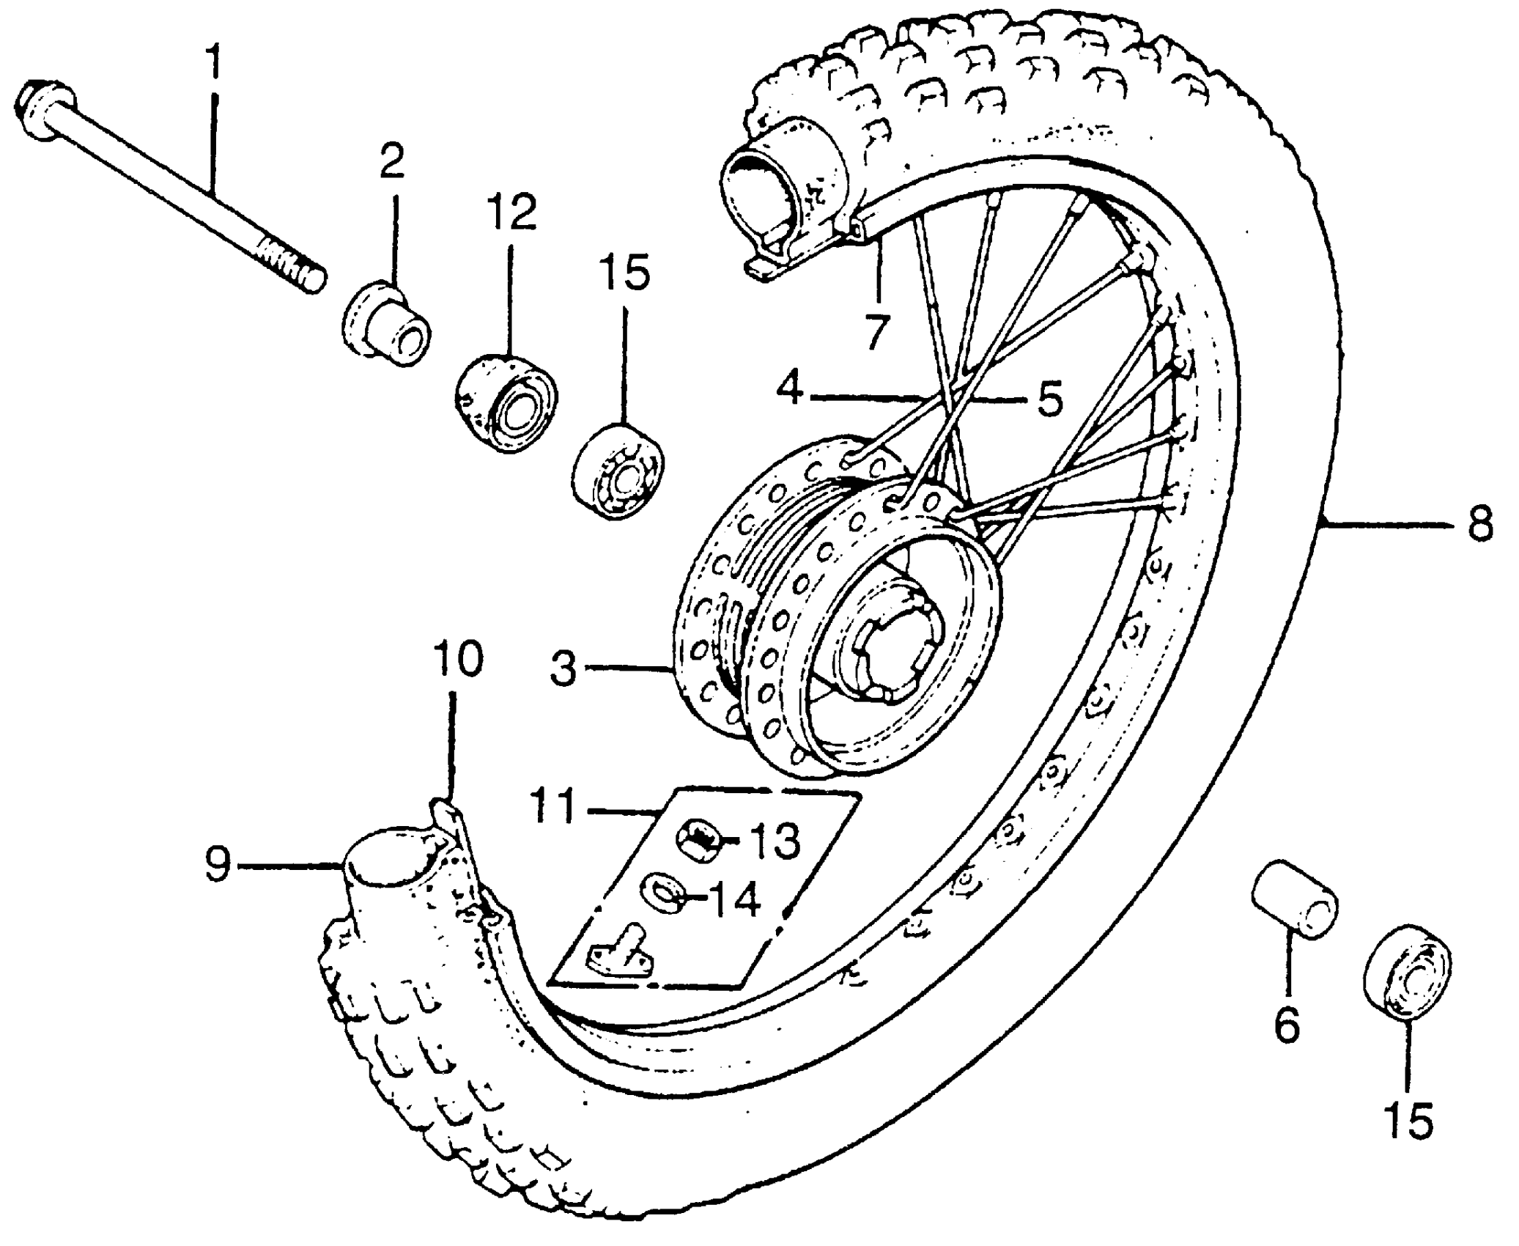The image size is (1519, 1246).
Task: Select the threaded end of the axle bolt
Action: point(293,268)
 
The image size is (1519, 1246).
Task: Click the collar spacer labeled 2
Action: point(387,325)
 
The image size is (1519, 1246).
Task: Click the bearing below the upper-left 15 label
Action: point(618,471)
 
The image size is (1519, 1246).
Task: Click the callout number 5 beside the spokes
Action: point(1050,399)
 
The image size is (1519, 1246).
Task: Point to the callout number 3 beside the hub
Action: point(563,668)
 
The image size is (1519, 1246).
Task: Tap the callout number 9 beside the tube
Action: point(218,865)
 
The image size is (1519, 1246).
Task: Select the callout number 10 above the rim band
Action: point(457,659)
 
